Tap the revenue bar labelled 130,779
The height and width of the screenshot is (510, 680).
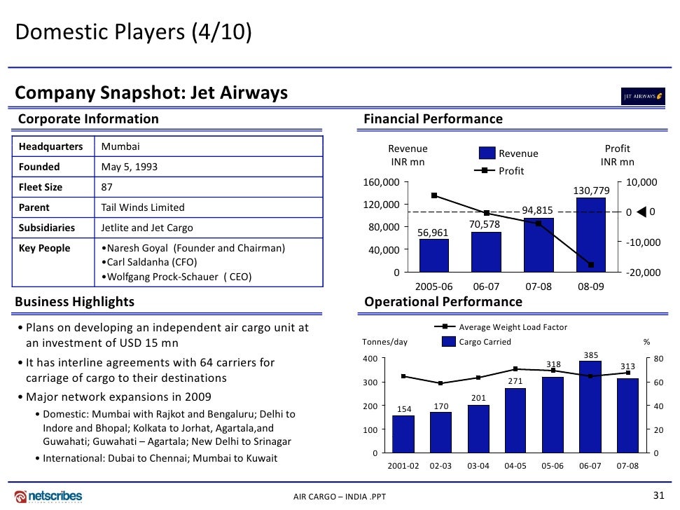590,235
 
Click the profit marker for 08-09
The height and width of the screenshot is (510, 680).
591,265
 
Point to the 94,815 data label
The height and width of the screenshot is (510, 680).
538,210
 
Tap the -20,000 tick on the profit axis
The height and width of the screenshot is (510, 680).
643,273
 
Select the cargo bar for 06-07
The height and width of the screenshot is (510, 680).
590,406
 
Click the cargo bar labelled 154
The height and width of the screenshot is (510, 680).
403,434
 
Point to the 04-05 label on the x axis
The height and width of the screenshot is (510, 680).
515,466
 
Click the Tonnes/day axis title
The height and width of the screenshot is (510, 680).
384,342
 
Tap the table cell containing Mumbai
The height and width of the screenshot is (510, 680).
121,147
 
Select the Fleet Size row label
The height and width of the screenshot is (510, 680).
41,187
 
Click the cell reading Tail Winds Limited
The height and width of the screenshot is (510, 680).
143,207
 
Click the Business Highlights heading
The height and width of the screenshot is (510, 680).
75,302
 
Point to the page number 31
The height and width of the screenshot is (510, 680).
658,495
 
